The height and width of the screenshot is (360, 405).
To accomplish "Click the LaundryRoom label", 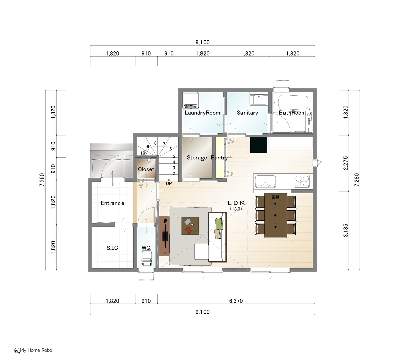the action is coord(202,113).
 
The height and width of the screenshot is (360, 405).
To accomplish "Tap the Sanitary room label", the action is coord(247,113).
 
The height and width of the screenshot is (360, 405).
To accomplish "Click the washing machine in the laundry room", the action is coord(191,100).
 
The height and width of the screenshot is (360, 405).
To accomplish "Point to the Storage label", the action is coord(196,157).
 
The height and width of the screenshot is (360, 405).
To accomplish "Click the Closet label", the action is coord(146,169).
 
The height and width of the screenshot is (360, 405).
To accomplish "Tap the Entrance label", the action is coord(112,203).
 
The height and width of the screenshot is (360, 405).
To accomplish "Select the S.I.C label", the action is coord(112,248).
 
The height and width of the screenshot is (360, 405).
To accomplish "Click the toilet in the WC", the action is coord(146,258).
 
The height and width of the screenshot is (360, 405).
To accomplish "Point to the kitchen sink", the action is coord(265,181).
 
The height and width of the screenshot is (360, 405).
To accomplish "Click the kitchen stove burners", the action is coord(302,181).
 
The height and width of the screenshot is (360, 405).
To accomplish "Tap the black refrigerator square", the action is coord(259,145).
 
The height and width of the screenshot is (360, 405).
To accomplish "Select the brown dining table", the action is coord(275,215).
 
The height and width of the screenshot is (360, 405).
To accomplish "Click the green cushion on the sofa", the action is coord(219,224).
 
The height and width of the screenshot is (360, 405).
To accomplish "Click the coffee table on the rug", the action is coord(190,226).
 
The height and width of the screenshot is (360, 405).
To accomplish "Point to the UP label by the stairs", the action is coord(169,183).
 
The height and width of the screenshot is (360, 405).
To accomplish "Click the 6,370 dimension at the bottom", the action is coord(236,301).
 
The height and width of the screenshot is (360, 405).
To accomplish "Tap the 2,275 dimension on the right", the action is coord(346,163).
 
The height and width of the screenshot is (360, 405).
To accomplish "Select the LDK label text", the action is coord(236,203).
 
